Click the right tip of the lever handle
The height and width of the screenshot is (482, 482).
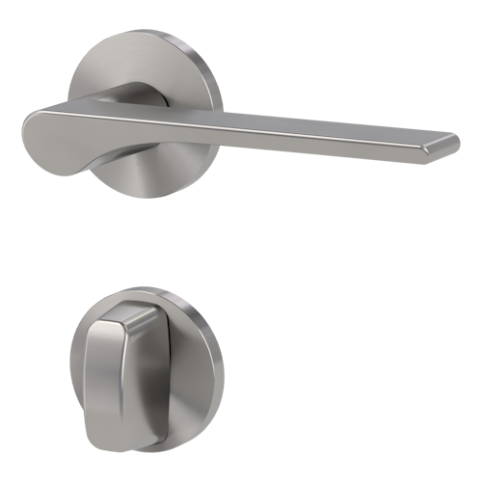(x=453, y=144)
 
